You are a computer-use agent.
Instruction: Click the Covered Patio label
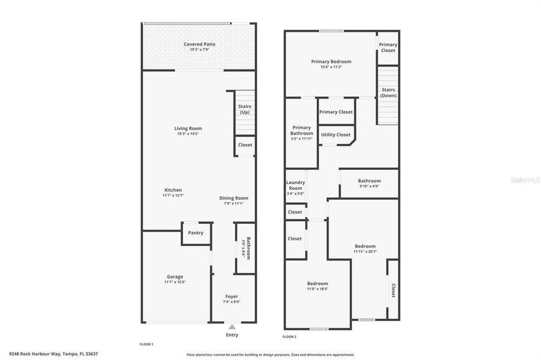click(199, 44)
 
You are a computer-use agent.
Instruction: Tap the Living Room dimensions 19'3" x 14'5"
click(188, 134)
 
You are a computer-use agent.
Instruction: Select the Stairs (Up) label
click(244, 109)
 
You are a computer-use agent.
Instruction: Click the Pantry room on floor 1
click(196, 233)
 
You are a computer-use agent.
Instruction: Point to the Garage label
click(175, 277)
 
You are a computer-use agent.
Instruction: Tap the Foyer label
click(231, 296)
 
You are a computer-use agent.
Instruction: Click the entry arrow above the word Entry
click(232, 326)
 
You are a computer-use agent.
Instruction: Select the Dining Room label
click(233, 198)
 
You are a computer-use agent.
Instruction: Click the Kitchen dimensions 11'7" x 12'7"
click(173, 196)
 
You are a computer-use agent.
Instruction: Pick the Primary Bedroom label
click(331, 61)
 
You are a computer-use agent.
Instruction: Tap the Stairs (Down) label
click(388, 92)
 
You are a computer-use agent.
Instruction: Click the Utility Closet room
click(335, 134)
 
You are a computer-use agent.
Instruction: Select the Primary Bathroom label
click(301, 130)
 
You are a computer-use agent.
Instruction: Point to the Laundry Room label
click(295, 185)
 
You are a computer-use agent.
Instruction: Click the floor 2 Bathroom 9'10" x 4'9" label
click(369, 181)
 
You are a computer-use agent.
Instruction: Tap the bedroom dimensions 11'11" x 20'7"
click(364, 251)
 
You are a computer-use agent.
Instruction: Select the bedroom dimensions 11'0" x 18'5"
click(317, 289)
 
